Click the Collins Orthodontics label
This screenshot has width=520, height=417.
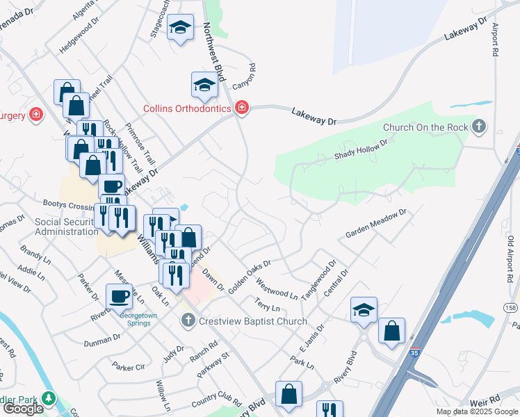click(x=187, y=108)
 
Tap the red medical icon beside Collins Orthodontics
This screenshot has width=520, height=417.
click(x=241, y=108)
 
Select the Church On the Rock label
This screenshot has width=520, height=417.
click(x=425, y=127)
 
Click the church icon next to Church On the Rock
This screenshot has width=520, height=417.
click(x=478, y=126)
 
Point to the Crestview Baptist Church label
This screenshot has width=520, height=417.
click(x=253, y=321)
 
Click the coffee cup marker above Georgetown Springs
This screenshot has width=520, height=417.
click(x=120, y=297)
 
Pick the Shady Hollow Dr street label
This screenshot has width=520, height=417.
click(x=360, y=148)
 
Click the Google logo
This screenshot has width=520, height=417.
click(x=23, y=409)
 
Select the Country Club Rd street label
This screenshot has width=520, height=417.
click(x=216, y=403)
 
